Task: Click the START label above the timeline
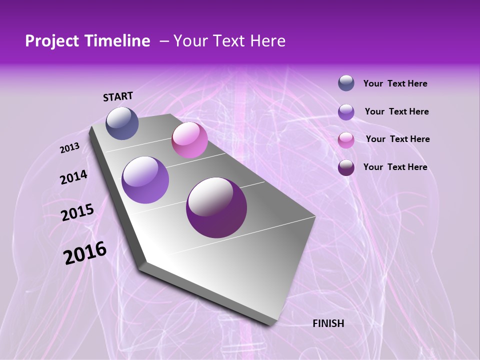[118, 96]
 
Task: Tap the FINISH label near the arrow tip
[328, 323]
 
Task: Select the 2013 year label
[70, 148]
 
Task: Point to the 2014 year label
[73, 177]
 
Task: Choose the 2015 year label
[77, 212]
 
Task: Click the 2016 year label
[85, 253]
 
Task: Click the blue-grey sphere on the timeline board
[122, 123]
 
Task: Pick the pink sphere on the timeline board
[189, 140]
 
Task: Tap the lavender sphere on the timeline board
[145, 180]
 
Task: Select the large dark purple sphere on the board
[216, 207]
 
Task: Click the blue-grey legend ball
[346, 83]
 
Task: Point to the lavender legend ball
[346, 112]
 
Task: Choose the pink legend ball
[346, 140]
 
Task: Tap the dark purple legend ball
[346, 167]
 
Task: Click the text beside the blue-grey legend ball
[395, 84]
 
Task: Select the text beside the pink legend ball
[397, 139]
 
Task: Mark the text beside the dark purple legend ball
[395, 167]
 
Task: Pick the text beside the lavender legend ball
[396, 111]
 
